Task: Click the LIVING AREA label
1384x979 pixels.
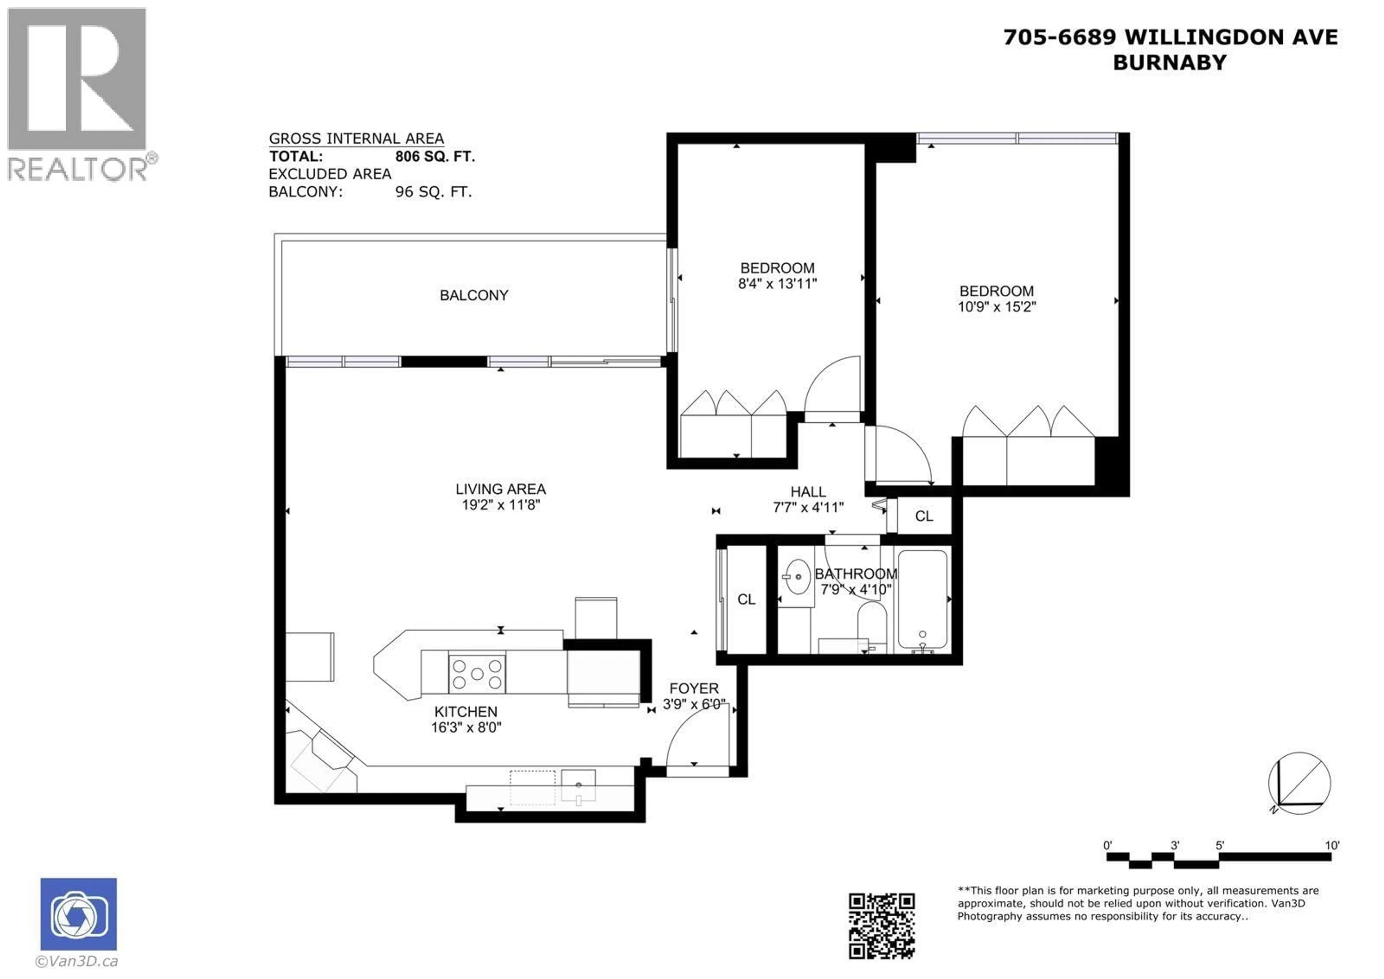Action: (501, 489)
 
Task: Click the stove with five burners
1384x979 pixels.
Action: (476, 673)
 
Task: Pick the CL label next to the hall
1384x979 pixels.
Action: (923, 516)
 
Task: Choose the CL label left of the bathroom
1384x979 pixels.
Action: (746, 599)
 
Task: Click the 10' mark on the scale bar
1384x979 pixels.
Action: (1331, 845)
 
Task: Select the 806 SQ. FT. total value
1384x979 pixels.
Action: (435, 157)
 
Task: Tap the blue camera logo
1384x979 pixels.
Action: (79, 914)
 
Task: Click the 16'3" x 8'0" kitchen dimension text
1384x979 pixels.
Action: (466, 727)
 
